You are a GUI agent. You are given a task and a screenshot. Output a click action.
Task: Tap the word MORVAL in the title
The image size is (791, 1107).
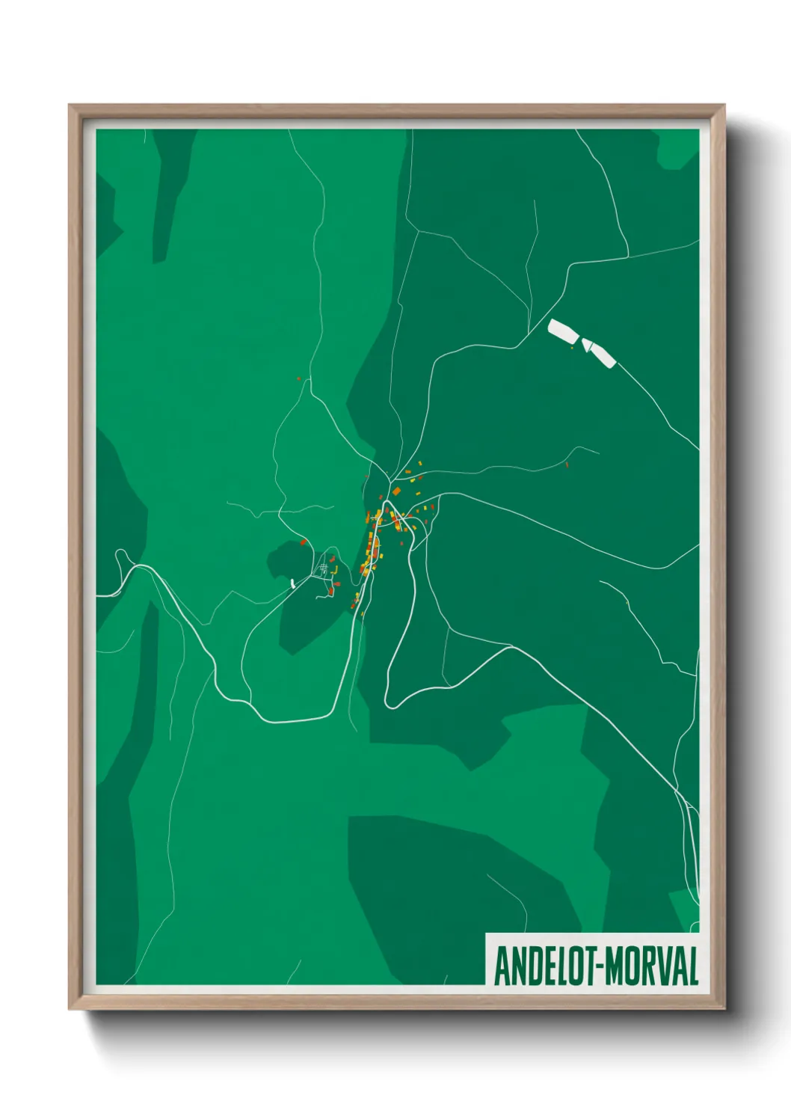(x=651, y=966)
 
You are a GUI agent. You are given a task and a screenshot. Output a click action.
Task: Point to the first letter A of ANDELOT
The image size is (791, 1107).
(x=500, y=966)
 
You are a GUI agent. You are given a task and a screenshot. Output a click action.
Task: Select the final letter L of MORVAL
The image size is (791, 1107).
(x=692, y=966)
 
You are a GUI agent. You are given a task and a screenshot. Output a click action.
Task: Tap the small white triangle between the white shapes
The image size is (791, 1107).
(x=587, y=345)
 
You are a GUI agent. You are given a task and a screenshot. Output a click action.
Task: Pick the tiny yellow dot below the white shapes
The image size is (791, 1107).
(x=573, y=348)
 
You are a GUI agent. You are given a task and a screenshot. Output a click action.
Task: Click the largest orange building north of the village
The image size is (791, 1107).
(x=396, y=491)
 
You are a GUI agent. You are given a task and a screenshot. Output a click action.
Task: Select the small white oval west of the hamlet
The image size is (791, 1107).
(x=292, y=583)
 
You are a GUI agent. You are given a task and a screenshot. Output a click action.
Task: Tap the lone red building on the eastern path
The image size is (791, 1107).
(x=567, y=464)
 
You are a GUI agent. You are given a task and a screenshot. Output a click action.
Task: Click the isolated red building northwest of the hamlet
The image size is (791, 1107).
(x=304, y=542)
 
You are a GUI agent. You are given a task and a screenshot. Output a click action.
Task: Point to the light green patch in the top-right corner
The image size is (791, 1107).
(x=677, y=150)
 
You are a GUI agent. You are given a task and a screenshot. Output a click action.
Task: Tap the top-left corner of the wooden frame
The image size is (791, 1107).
(x=71, y=106)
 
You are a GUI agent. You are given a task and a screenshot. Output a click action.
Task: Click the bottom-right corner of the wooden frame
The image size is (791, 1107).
(x=723, y=1008)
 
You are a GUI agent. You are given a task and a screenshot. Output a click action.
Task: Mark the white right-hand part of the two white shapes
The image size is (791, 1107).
(x=602, y=354)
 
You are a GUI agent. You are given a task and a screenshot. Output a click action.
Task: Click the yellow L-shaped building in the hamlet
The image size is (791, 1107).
(x=336, y=571)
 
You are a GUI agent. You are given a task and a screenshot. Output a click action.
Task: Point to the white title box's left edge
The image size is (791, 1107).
(x=487, y=959)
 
